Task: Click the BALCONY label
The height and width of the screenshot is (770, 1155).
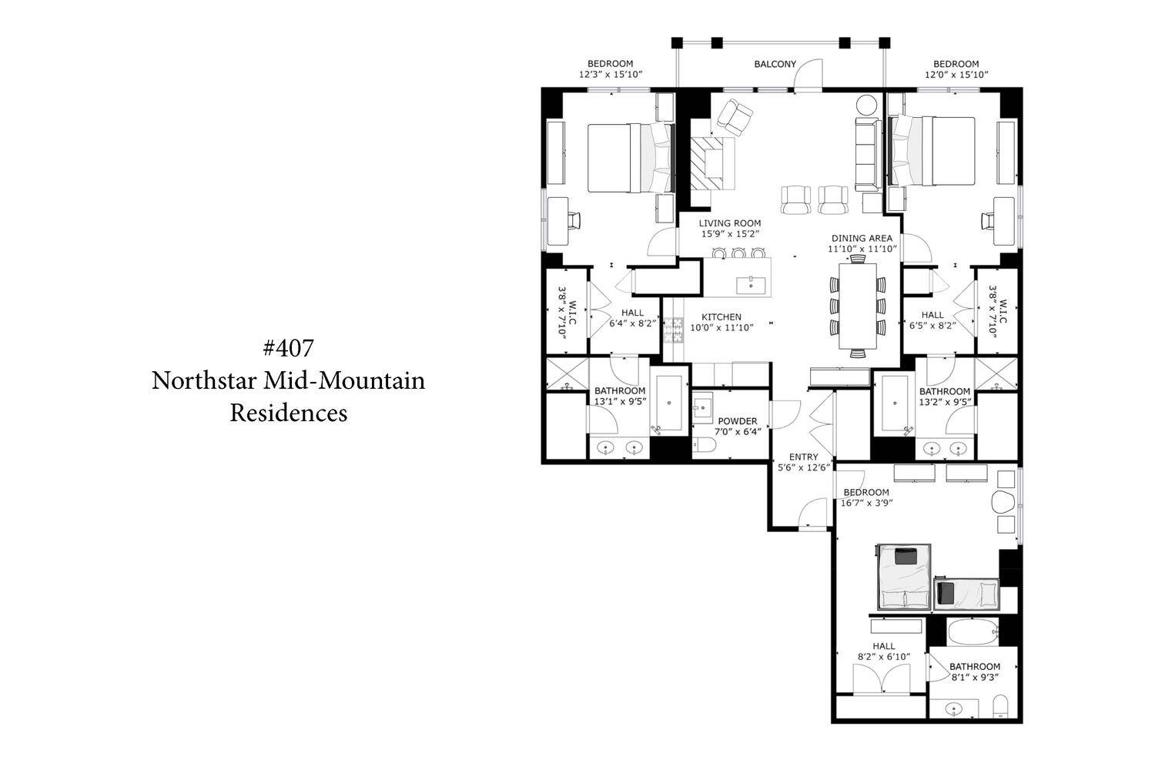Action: (x=775, y=64)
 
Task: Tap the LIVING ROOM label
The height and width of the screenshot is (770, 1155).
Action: (x=730, y=223)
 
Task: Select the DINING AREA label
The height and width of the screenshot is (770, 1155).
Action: (x=862, y=238)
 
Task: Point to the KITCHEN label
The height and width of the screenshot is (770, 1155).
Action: (x=721, y=317)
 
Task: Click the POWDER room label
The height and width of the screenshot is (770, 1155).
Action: (x=738, y=421)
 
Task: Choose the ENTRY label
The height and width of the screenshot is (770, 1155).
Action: (x=803, y=457)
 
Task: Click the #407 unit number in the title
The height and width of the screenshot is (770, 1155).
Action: (x=288, y=348)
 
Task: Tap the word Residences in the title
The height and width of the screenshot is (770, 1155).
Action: (x=289, y=413)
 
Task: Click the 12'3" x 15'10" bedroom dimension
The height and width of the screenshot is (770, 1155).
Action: (x=611, y=74)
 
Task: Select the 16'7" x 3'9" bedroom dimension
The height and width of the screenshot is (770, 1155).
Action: (x=867, y=503)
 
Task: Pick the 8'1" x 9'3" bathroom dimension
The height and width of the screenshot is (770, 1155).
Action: (x=975, y=677)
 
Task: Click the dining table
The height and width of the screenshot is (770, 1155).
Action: (x=858, y=306)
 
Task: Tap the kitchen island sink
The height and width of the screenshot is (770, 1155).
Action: (x=750, y=285)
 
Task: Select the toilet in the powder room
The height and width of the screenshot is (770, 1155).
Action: (x=703, y=445)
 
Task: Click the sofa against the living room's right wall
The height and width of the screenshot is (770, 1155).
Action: (x=867, y=154)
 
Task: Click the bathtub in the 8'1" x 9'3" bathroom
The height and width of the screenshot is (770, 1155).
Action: (x=973, y=632)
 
